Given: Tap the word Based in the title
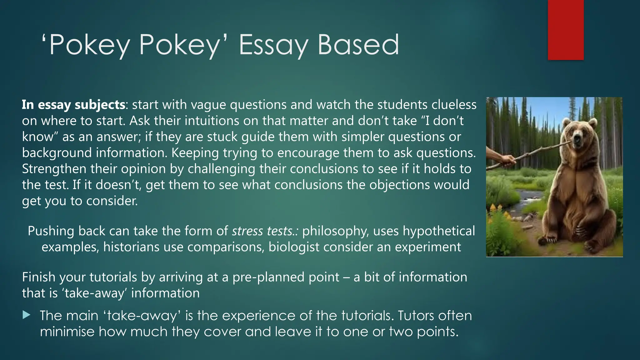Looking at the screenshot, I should point(358,45).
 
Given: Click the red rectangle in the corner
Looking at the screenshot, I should point(566,30).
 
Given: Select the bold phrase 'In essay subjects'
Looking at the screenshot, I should point(73,105).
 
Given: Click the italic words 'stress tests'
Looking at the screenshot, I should point(262,231).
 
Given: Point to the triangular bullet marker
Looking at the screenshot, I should point(27,315).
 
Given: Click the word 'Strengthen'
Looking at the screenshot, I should point(54,169).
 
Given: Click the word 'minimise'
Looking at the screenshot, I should point(67,332).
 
